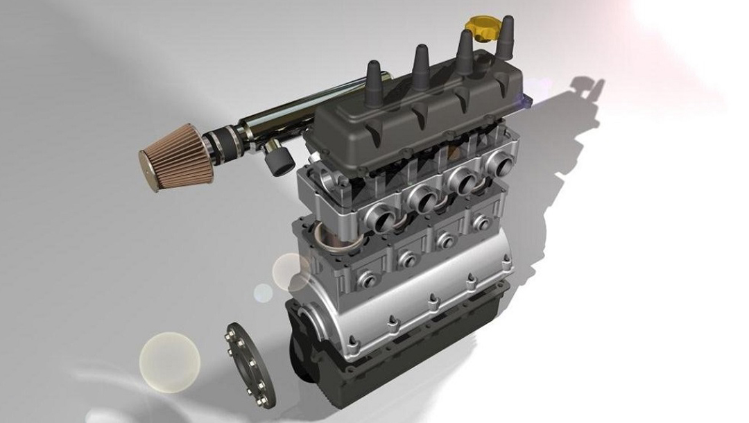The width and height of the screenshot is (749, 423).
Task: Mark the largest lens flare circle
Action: (169, 360)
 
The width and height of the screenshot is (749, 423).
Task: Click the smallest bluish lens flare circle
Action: (262, 293)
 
